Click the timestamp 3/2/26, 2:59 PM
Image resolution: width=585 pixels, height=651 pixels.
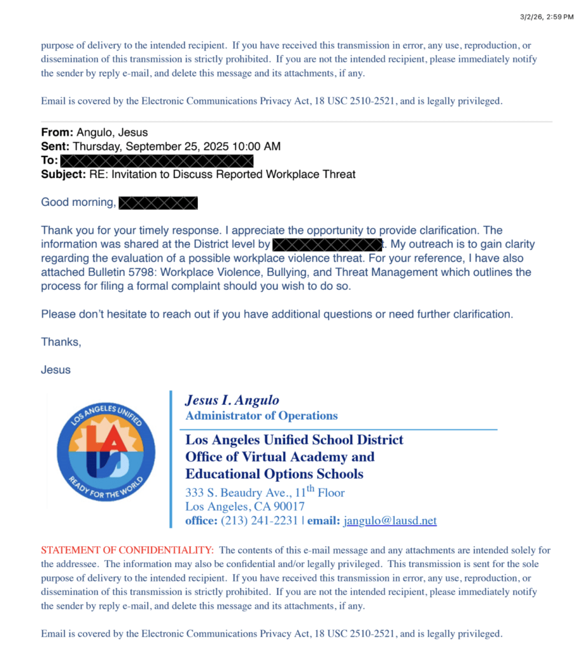pos(547,16)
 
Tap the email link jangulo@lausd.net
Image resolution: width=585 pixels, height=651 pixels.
pos(390,521)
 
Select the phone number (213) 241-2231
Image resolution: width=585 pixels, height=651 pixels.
pos(259,521)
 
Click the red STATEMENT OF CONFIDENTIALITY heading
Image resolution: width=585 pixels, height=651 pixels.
pos(127,550)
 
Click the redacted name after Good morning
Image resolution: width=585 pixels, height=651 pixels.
pos(159,203)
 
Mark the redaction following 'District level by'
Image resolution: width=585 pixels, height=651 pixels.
pos(327,244)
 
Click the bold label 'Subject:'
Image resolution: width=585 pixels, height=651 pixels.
pos(61,174)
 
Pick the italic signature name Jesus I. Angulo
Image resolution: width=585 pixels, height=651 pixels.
pos(232,400)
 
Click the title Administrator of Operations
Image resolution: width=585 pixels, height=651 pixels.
pos(261,416)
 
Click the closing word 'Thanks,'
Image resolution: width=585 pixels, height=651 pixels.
pos(61,342)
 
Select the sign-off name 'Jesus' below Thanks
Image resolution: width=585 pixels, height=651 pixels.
pos(56,369)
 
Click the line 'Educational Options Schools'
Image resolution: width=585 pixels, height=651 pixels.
pos(274,474)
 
